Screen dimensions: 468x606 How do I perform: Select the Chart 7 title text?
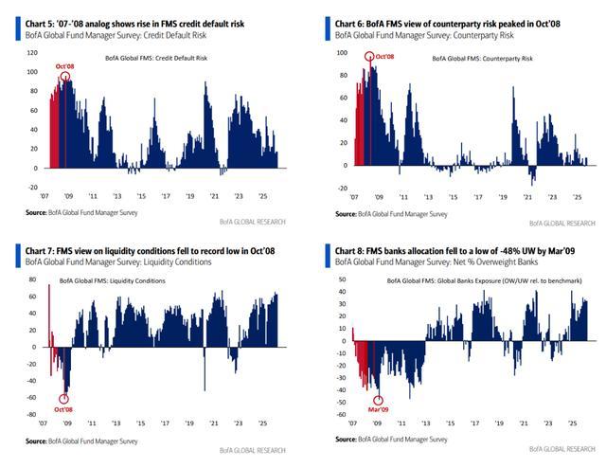pyautogui.click(x=142, y=248)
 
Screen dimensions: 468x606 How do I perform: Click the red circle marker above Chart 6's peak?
pyautogui.click(x=369, y=58)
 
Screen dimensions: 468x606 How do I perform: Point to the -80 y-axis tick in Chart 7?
pyautogui.click(x=30, y=414)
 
